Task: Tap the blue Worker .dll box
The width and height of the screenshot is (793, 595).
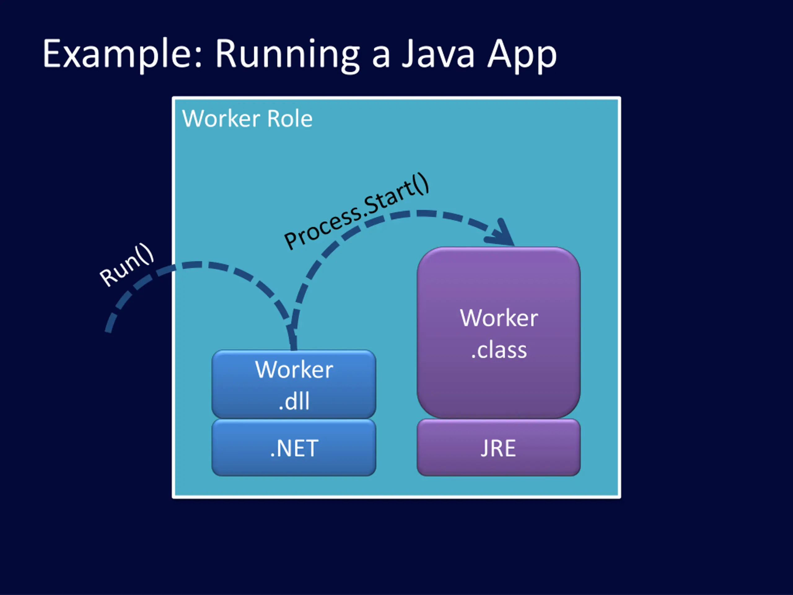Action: pos(294,384)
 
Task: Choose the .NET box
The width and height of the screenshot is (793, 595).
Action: pos(294,447)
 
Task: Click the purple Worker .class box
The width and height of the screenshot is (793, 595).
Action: pos(498,333)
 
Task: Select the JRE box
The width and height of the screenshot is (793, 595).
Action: pos(498,447)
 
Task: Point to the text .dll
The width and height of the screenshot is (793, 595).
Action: pos(294,401)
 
